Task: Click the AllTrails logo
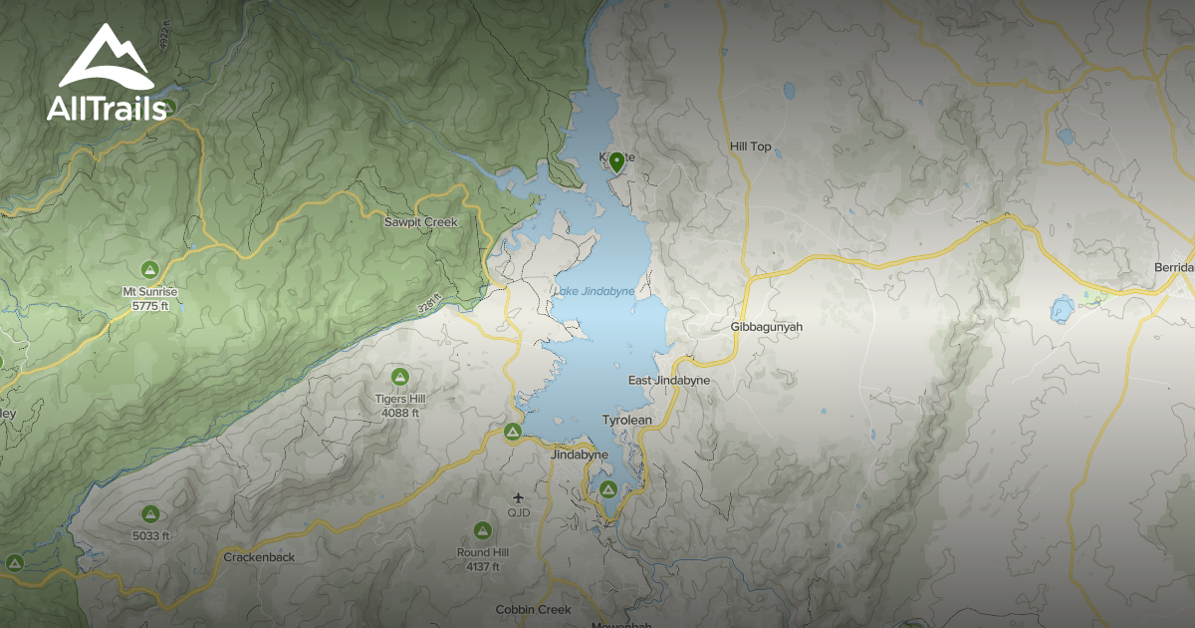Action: [x=105, y=75]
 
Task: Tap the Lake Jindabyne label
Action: [x=593, y=291]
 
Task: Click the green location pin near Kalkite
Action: [x=616, y=161]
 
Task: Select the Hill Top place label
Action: [x=751, y=148]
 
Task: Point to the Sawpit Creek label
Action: [x=421, y=222]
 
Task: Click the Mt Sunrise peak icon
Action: [x=149, y=269]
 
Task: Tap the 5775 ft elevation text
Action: [x=150, y=306]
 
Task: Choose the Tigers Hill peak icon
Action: [x=400, y=377]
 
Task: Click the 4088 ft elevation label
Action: [x=400, y=413]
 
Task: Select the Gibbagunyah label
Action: [x=766, y=327]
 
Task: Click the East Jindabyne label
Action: [x=669, y=381]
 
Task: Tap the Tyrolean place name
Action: [x=627, y=421]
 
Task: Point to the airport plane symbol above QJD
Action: [x=518, y=496]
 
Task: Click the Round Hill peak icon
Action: [x=482, y=530]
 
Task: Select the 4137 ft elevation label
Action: [x=483, y=567]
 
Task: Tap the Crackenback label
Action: [x=259, y=557]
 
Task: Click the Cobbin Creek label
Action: [x=534, y=609]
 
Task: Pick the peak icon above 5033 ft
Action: [x=150, y=514]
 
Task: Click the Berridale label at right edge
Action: [x=1174, y=268]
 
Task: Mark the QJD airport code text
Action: [x=518, y=513]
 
